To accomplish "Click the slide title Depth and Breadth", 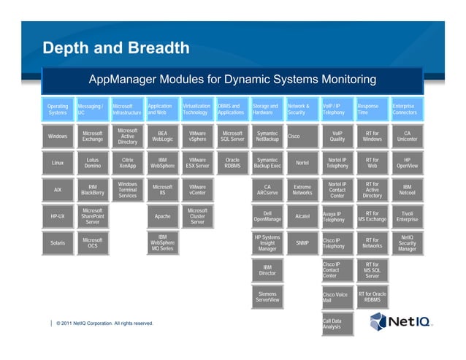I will tap(116, 49).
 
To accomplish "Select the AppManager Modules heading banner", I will tap(232, 80).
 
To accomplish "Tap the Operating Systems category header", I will tap(57, 110).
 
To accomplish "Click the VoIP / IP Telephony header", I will tap(337, 110).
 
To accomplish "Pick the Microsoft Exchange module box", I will tap(93, 137).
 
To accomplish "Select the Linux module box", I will tap(57, 164).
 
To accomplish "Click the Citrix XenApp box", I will tap(127, 164).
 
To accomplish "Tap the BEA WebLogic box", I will tap(162, 137).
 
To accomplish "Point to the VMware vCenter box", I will tap(197, 191).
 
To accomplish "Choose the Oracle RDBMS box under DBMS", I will tap(232, 164).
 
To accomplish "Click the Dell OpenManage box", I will tap(267, 217).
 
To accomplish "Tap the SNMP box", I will tap(302, 243).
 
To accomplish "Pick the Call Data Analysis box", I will tap(337, 323).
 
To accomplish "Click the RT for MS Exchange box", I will tap(372, 217).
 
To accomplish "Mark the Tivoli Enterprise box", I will tap(408, 217).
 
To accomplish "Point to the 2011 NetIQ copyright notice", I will tap(104, 323).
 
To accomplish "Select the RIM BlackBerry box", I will tap(93, 191).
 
